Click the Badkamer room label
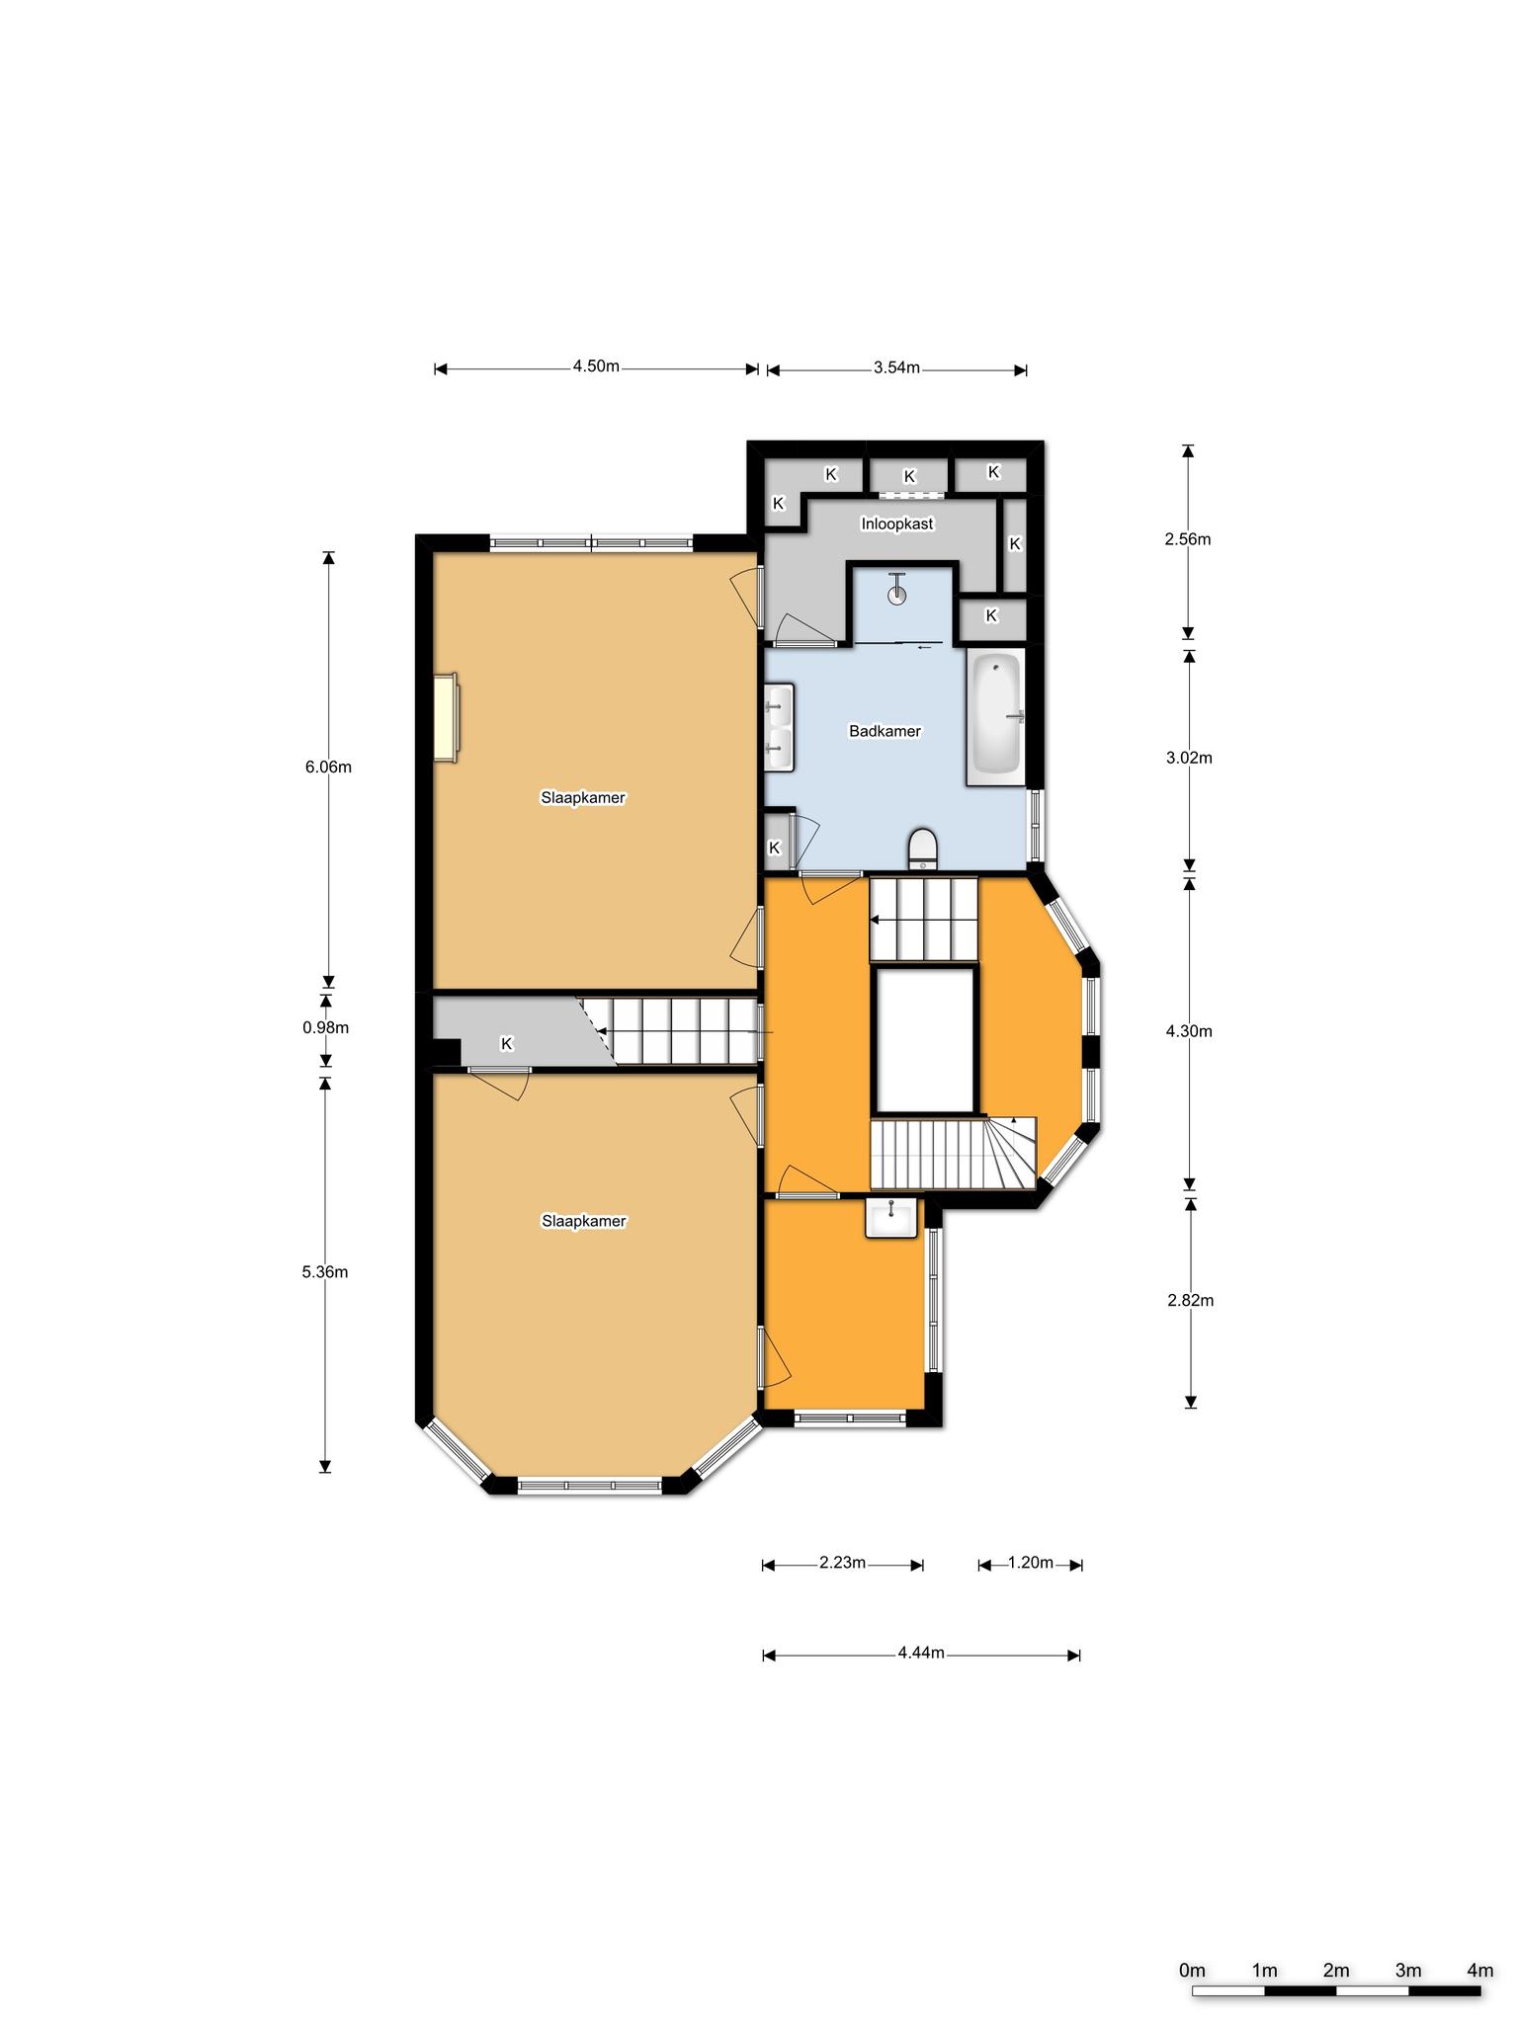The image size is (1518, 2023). point(885,732)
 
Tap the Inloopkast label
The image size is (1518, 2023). point(897,524)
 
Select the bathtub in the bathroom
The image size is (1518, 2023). point(996,717)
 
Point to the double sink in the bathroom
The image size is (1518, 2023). point(780,726)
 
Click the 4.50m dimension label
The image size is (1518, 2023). point(596,366)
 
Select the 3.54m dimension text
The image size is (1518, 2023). point(896,368)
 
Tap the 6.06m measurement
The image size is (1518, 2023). point(328,767)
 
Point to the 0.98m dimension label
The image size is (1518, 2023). point(326,1027)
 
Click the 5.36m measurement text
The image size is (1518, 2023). point(325,1272)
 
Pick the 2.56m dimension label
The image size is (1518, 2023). point(1187,539)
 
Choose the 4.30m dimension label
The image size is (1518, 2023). point(1189,1031)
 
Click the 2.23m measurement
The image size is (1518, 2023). point(842,1563)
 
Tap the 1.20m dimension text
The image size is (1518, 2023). point(1030,1563)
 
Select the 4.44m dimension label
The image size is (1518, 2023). point(921,1654)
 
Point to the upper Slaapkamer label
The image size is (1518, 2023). point(583,798)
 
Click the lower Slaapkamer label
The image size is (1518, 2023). point(584,1222)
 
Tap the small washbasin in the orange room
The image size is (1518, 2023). point(891,1217)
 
